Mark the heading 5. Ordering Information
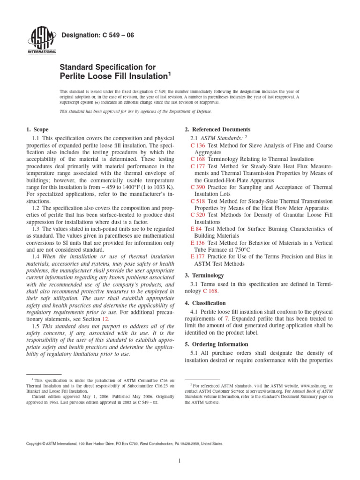pos(217,344)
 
